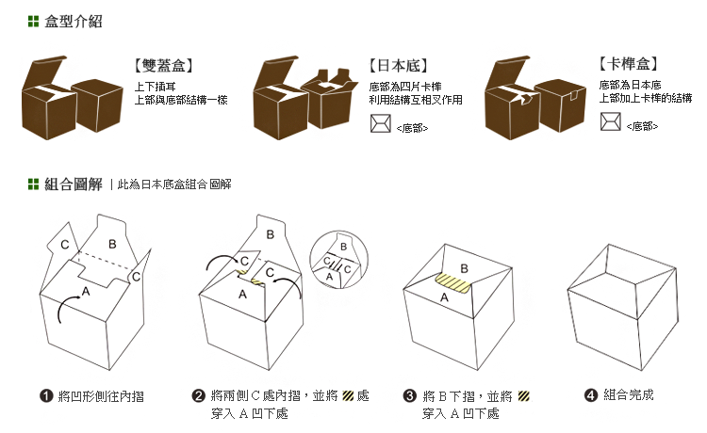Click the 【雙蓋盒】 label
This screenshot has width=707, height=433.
[164, 67]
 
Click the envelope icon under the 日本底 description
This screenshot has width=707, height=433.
[380, 122]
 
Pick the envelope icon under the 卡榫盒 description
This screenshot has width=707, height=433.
[610, 121]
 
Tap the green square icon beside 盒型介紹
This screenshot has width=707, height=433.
[34, 21]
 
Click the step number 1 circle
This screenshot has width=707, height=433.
[45, 396]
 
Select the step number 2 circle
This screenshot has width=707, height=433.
[199, 396]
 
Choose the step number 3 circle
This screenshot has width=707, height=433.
[409, 396]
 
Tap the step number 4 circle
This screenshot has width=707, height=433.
[591, 396]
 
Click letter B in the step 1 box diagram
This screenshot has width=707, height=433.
[111, 245]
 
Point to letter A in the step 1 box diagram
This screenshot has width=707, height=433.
[86, 293]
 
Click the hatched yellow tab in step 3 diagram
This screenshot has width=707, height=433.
[457, 283]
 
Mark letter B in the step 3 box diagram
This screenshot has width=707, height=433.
[464, 267]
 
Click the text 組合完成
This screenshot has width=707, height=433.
[629, 396]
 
